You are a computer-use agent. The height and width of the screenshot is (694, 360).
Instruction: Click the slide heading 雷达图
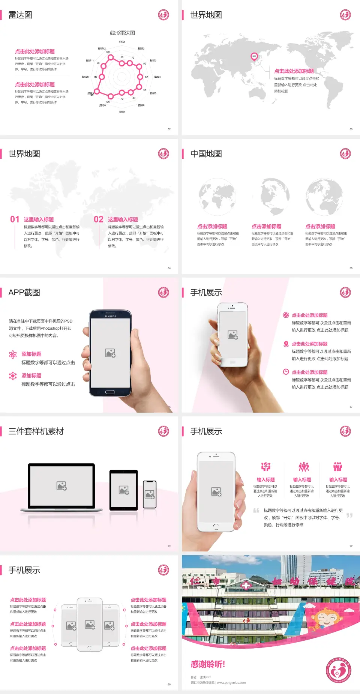[20, 15]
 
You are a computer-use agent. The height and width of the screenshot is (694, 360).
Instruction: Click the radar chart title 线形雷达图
[122, 33]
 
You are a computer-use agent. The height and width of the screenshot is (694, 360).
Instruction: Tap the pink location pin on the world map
[254, 56]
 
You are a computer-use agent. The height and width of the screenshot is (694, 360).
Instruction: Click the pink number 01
[15, 219]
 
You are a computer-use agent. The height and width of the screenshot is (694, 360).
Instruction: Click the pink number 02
[99, 219]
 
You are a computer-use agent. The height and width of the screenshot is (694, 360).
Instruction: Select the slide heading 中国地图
[206, 154]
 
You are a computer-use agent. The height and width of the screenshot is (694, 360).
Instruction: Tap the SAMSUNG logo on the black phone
[110, 316]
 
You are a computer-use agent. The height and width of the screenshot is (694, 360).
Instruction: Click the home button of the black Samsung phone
[110, 392]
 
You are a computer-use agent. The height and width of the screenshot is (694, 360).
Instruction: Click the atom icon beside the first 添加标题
[13, 355]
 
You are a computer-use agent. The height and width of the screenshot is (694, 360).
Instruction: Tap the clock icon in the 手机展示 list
[286, 372]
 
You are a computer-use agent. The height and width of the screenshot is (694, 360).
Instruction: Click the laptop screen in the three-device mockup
[61, 485]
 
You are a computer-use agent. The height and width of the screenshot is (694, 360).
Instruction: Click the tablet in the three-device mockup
[124, 490]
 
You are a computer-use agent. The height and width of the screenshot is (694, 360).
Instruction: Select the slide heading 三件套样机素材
[36, 431]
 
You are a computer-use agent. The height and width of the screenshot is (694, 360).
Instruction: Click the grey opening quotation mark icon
[256, 510]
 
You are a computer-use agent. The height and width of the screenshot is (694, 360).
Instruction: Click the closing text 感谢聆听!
[208, 664]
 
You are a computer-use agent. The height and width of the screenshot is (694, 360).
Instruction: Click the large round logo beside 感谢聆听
[338, 670]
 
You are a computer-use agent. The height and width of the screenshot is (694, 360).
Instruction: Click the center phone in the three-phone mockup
[90, 624]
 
